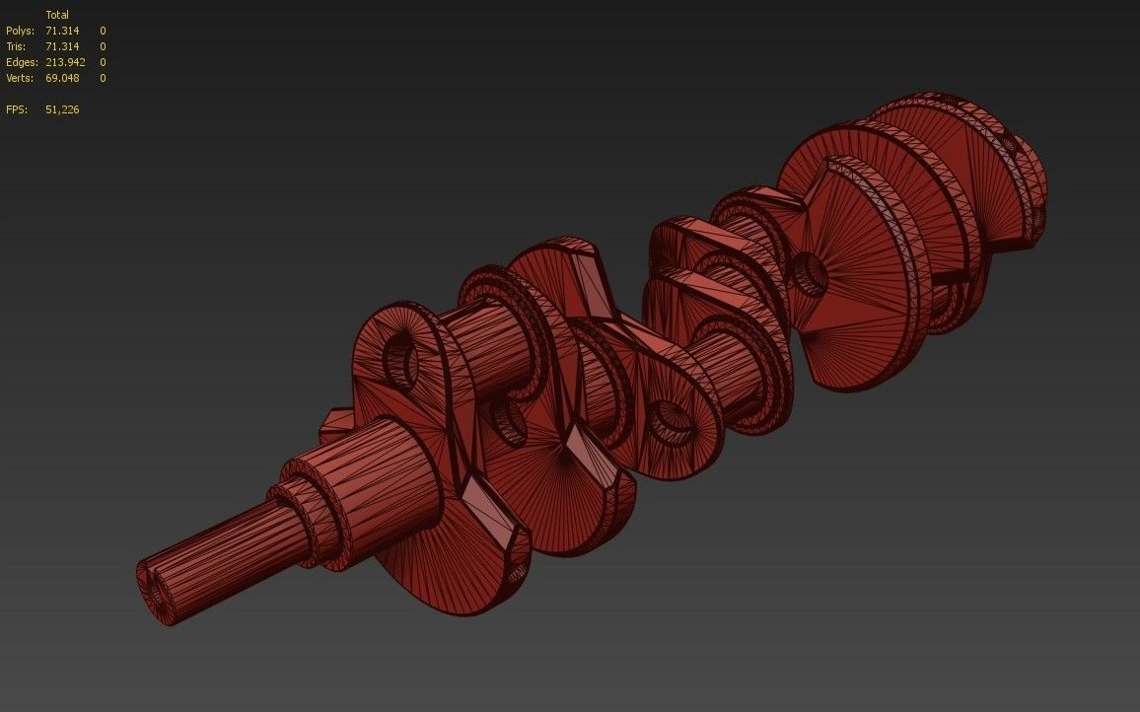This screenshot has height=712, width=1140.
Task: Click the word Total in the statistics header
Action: [x=57, y=15]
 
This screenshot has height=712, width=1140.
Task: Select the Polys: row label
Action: [x=20, y=31]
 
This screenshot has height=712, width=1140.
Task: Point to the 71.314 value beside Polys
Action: [x=61, y=31]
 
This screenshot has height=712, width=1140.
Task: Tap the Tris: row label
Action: [x=17, y=46]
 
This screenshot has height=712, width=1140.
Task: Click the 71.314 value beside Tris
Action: [x=61, y=46]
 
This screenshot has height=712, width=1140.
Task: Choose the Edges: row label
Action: [x=22, y=62]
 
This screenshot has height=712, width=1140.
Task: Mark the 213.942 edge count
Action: [x=65, y=62]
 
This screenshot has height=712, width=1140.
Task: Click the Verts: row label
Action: [x=20, y=78]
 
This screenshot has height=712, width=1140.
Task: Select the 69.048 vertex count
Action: [x=62, y=78]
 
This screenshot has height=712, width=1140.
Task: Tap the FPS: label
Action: [x=16, y=109]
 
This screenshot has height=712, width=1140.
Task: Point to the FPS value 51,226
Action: [x=62, y=109]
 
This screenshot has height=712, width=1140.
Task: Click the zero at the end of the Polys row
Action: [x=103, y=31]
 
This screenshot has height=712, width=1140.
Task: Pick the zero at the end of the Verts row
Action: [x=103, y=78]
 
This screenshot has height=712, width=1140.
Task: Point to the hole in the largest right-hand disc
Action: [x=810, y=273]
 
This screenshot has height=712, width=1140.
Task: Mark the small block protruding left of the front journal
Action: [x=335, y=424]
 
